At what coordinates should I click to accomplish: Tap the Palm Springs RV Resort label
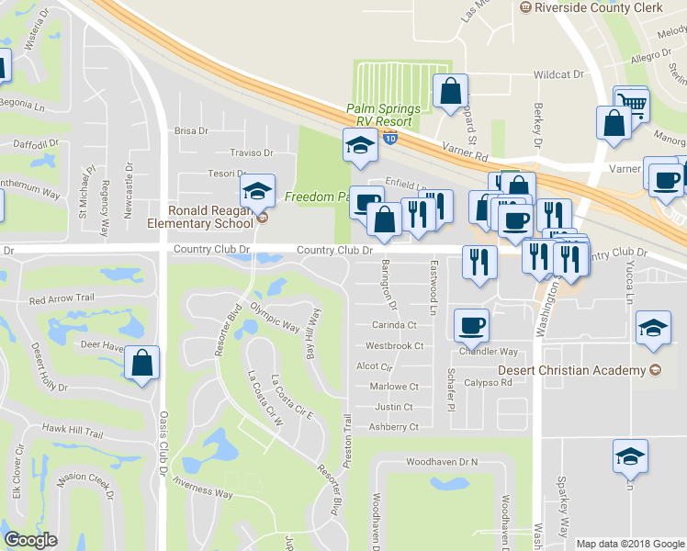pos(383,115)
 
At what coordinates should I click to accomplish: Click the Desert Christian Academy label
pos(571,370)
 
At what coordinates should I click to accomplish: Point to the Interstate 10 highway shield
pos(391,140)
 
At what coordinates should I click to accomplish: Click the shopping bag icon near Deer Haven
pos(142,365)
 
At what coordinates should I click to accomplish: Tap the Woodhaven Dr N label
pos(443,461)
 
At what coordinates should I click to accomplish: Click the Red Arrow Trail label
pos(62,298)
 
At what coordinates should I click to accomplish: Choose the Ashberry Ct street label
pos(393,427)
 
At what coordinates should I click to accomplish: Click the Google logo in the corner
pos(31,540)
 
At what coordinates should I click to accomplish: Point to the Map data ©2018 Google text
pos(631,544)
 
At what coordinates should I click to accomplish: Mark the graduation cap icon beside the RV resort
pos(360,145)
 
